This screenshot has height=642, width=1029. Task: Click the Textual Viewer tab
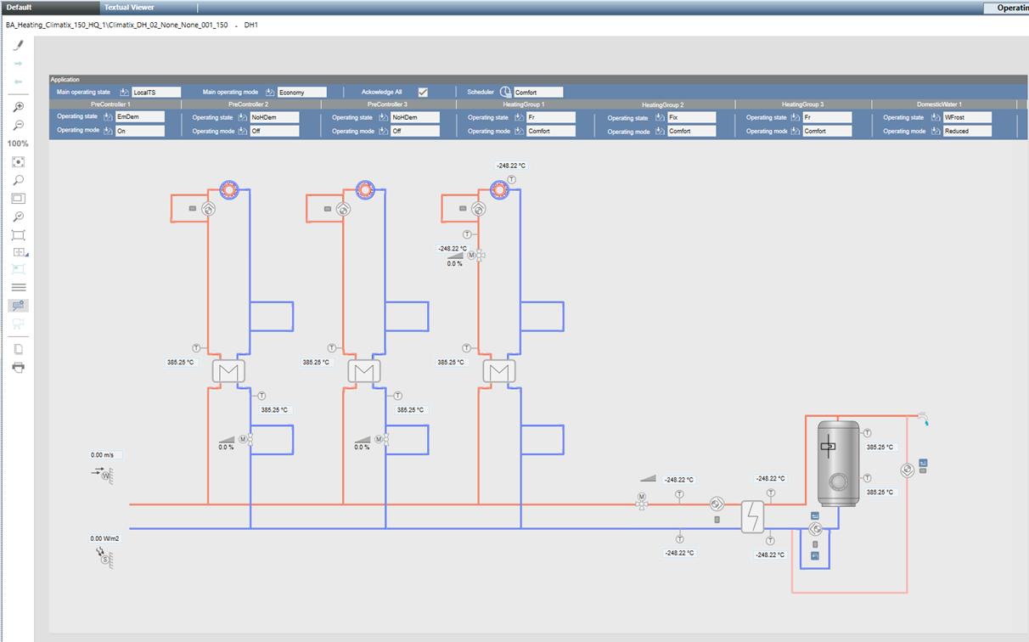[x=129, y=7]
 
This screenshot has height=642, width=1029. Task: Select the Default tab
[x=20, y=7]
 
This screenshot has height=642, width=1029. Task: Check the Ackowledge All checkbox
[x=423, y=92]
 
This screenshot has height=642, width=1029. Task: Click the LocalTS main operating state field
[x=155, y=92]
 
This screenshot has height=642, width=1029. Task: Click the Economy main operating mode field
[x=301, y=92]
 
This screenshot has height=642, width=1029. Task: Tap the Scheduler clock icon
[x=505, y=92]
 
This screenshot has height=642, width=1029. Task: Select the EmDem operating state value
[x=139, y=117]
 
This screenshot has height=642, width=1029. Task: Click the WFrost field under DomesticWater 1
[x=967, y=117]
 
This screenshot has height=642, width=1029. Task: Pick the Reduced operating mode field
[x=967, y=131]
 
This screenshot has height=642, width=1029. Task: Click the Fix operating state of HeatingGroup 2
[x=690, y=117]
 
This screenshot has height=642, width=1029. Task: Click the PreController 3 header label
[x=388, y=104]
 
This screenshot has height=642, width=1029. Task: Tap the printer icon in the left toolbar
[x=18, y=367]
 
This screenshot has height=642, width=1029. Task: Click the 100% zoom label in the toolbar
[x=18, y=144]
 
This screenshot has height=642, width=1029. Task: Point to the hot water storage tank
[x=837, y=463]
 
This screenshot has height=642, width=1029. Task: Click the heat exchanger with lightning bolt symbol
[x=752, y=515]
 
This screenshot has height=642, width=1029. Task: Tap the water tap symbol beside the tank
[x=923, y=417]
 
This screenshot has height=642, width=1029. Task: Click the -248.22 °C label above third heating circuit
[x=511, y=166]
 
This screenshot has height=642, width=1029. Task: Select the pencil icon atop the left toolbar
[x=18, y=46]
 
